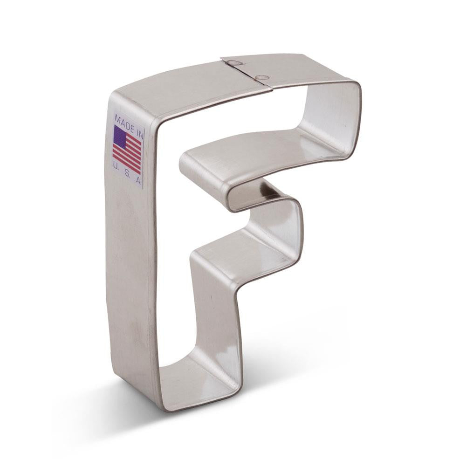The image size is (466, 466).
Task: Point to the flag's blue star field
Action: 120,137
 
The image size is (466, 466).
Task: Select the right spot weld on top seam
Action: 262,77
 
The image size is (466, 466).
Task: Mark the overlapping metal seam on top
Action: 247,73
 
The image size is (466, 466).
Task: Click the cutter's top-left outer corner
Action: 112,93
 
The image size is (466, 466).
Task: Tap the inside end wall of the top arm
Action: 336,116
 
